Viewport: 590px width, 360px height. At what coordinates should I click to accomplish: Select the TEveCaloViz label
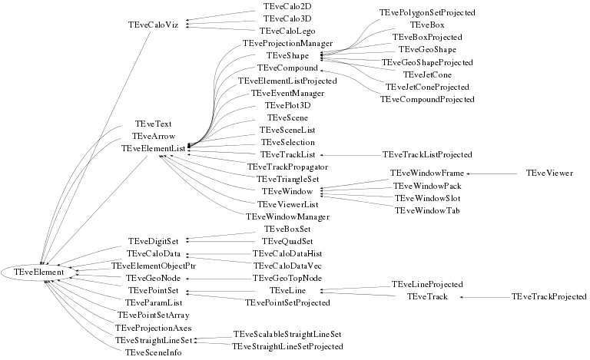coord(153,25)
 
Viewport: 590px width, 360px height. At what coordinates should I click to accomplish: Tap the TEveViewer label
coord(549,173)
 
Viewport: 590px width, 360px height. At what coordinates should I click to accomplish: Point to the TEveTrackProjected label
coord(549,296)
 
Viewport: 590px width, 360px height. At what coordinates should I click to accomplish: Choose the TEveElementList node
coord(154,148)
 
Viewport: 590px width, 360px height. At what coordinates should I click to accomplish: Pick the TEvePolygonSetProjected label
coord(427,13)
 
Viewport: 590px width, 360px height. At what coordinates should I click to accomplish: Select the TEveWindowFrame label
coord(426,173)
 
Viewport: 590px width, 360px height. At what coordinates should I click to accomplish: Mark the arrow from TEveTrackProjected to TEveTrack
coord(484,296)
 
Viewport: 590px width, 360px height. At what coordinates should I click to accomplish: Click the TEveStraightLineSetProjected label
coord(287,346)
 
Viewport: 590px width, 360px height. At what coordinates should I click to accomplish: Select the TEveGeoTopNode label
coord(287,277)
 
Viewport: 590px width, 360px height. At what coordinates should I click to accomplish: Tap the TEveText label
coord(153,124)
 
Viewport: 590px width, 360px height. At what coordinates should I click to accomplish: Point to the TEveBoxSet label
coord(287,229)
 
